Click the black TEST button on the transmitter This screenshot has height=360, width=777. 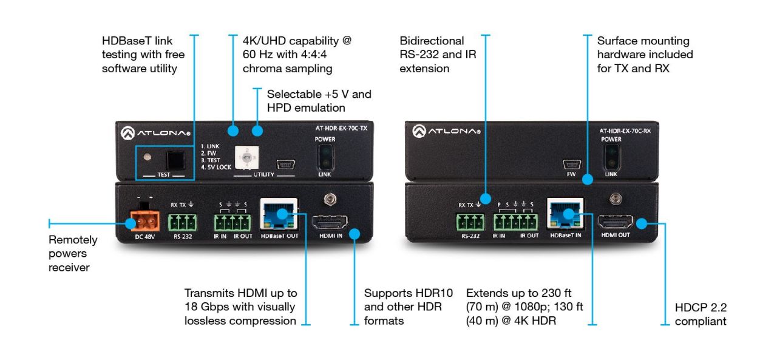177,160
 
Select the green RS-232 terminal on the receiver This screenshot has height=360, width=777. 470,222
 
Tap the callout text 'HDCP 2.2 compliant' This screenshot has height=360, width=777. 700,314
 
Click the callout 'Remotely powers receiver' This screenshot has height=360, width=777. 73,254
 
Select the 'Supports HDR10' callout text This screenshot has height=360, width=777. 403,307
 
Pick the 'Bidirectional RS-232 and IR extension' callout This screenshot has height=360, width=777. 437,55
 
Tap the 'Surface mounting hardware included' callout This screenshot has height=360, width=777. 644,55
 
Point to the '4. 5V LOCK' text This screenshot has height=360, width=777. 216,167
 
